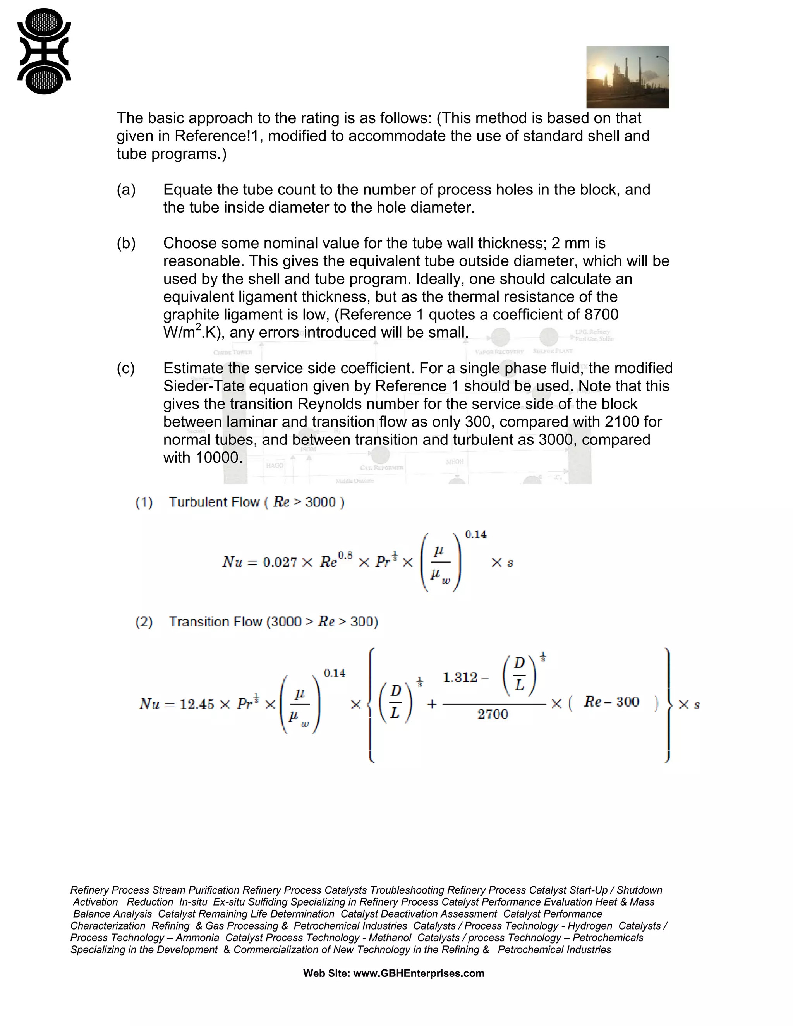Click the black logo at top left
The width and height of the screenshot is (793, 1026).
pos(44,51)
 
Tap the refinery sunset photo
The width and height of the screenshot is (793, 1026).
pos(627,77)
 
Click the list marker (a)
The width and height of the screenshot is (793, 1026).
pos(126,190)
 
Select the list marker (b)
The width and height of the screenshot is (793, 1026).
pos(126,244)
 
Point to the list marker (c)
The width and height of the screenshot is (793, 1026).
pos(125,368)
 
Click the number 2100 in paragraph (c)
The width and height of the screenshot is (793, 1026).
pos(621,422)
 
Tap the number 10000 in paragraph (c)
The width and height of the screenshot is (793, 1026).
pos(217,458)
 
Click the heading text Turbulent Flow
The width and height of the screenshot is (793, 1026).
pos(214,502)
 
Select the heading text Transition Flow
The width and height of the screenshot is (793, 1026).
pos(216,622)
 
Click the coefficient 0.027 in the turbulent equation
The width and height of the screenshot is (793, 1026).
pos(280,562)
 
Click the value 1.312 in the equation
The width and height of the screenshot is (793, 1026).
pos(460,678)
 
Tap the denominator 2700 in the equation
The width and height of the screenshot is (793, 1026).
pos(493,715)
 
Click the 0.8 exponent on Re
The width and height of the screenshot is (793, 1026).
pos(345,555)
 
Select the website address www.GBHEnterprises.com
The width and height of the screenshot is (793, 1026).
pos(419,973)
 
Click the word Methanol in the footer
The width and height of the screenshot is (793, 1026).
pos(390,938)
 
